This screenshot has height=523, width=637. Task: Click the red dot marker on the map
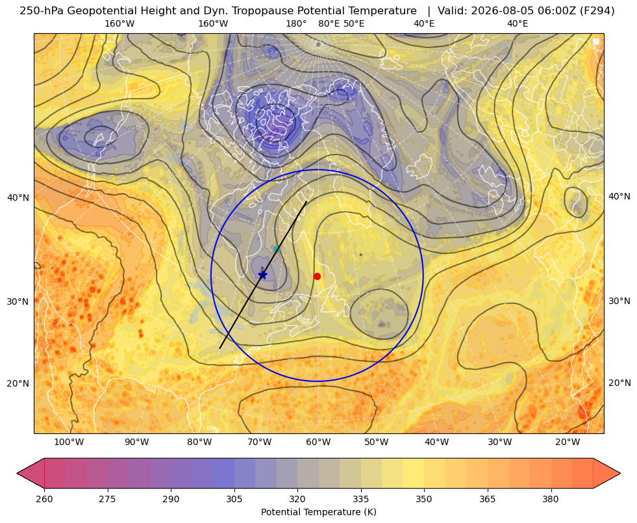coord(317,276)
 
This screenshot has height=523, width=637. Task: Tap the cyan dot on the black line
coord(277,249)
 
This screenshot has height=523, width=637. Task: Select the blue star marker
coord(263,275)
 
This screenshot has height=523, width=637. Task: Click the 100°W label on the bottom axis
coord(69,442)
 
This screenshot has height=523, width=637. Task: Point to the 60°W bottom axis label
coord(318,442)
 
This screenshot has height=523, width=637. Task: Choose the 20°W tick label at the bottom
coord(568,442)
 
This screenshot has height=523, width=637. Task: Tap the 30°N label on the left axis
coord(18,301)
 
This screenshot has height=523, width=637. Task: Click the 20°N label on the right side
coord(619,383)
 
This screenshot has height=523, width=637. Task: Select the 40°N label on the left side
coord(18,198)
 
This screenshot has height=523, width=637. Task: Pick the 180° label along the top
coord(296,23)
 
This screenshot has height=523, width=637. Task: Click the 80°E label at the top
coord(329,23)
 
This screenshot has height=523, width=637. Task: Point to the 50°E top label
coord(354,23)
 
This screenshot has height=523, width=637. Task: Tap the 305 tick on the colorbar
coord(234,499)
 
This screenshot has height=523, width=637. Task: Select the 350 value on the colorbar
coord(424,499)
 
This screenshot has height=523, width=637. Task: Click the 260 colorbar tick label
coord(44,499)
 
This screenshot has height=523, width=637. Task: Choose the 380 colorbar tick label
coord(551,499)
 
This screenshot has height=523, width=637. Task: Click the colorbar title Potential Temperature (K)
coord(318,512)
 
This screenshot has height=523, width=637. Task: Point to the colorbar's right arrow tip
coord(620,473)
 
